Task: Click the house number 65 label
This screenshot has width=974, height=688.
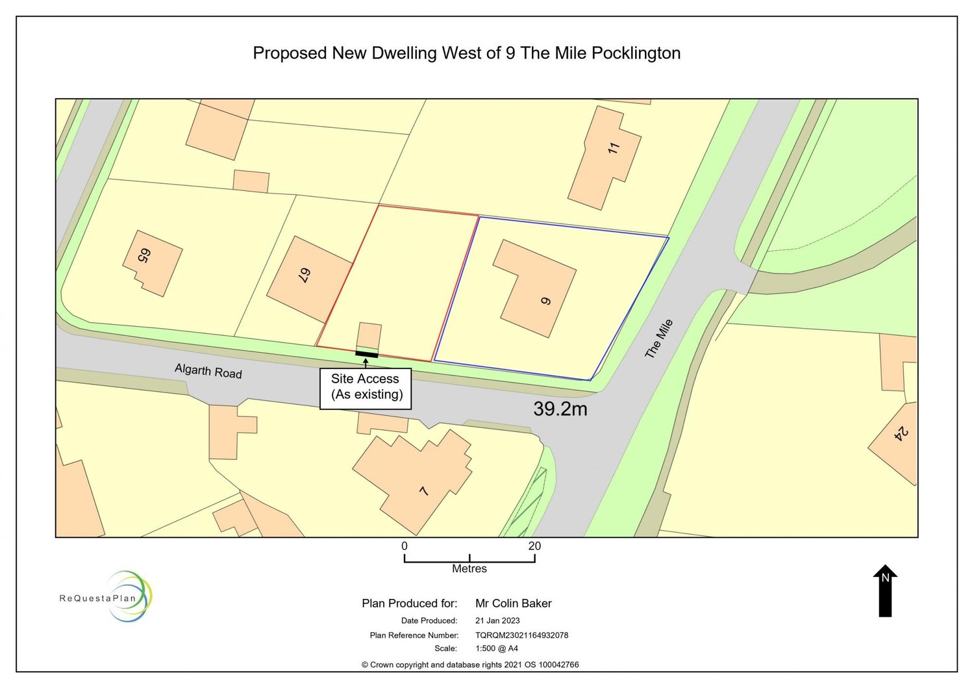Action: tap(144, 255)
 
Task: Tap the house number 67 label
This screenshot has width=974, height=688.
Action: tap(304, 275)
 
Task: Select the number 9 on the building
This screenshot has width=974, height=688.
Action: tap(545, 301)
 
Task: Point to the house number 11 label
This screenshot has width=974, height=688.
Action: tap(614, 148)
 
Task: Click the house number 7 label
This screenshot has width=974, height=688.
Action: tap(424, 491)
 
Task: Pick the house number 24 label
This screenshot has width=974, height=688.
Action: tap(901, 433)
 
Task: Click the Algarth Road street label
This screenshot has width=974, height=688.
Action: tap(208, 371)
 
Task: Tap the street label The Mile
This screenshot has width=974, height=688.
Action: tap(658, 338)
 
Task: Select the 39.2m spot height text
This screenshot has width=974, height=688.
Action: tap(560, 409)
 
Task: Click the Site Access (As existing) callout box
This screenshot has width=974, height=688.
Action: tap(366, 388)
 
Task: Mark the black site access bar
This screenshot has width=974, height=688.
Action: tap(366, 354)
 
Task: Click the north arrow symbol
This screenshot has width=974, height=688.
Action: tap(884, 591)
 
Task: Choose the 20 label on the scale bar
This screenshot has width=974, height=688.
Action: tap(534, 546)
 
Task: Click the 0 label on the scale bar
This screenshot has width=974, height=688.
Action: tap(405, 546)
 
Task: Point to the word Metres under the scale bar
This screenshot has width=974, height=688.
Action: tap(469, 568)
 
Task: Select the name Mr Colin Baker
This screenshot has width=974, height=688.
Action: tap(513, 603)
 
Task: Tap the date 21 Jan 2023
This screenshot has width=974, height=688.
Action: tap(497, 620)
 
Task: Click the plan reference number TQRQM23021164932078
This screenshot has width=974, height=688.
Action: tap(521, 635)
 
